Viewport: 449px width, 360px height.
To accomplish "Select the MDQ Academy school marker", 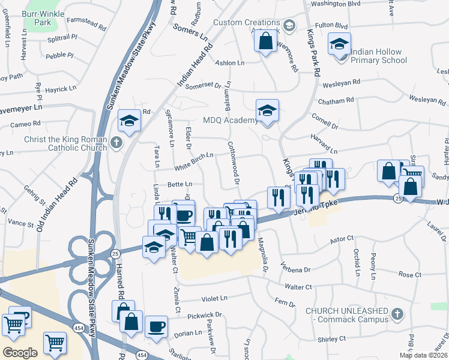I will [267, 110].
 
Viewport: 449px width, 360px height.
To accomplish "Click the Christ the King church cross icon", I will [116, 143].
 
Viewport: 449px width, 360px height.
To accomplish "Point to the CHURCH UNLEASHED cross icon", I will [397, 314].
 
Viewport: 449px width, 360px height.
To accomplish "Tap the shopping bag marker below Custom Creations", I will [265, 42].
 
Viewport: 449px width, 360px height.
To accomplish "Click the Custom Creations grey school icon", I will [289, 25].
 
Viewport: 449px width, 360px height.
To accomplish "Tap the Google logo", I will [20, 353].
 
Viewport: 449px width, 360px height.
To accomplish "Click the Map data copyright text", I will [423, 355].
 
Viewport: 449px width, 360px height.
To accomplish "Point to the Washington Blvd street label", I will [336, 4].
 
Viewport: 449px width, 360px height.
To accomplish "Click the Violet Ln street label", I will [215, 298].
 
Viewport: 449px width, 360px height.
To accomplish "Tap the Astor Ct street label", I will [343, 239].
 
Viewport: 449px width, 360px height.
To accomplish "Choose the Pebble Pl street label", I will [59, 55].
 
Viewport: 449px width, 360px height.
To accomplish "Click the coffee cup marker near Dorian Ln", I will [157, 328].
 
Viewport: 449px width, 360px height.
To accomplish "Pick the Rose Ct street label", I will [410, 274].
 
